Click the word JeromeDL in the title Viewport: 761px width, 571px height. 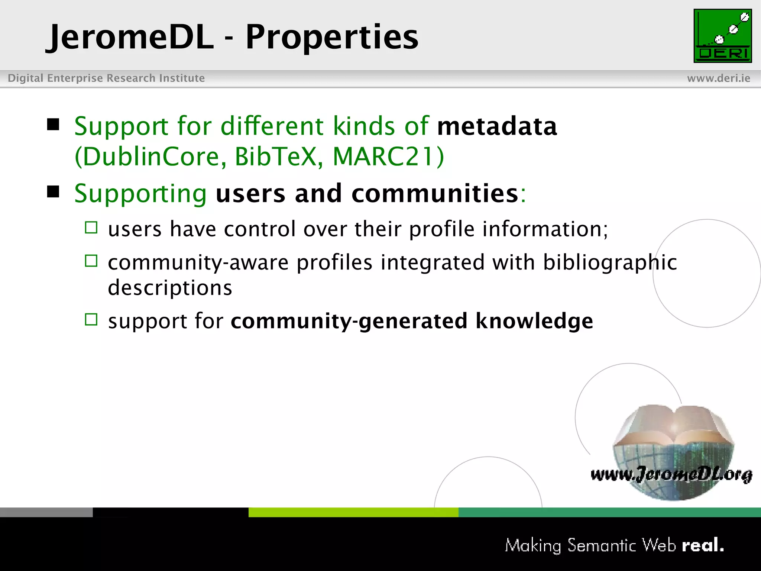tap(130, 37)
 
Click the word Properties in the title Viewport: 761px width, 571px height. tap(332, 37)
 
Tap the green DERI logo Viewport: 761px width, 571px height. tap(722, 36)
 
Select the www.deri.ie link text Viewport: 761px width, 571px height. tap(718, 78)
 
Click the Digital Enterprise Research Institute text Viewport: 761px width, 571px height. tap(106, 78)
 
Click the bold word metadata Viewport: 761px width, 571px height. tap(497, 126)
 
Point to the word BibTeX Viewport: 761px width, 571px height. tap(279, 157)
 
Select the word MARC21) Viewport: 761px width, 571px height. tap(388, 157)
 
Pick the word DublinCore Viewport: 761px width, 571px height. tap(150, 157)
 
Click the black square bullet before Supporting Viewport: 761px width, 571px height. tap(54, 192)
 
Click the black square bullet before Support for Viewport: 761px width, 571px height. tap(54, 125)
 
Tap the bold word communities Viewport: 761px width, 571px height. tap(435, 194)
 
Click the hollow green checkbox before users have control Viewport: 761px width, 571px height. tap(91, 228)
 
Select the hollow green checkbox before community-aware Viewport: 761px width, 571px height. tap(91, 261)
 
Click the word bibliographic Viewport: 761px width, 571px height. tap(610, 263)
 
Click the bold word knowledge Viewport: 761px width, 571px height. tap(534, 321)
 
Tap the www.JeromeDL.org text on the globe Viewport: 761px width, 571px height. tap(671, 474)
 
